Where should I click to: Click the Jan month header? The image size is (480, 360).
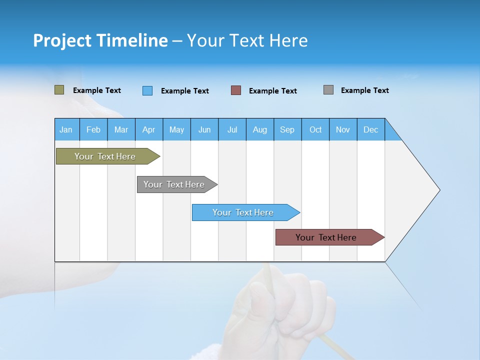tap(66, 129)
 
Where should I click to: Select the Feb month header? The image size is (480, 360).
tap(93, 129)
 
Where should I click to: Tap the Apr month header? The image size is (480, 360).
tap(149, 129)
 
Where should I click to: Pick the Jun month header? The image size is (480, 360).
tap(204, 129)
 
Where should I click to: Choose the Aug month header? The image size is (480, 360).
tap(260, 129)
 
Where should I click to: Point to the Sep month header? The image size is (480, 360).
tap(287, 129)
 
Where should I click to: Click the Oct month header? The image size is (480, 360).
tap(315, 129)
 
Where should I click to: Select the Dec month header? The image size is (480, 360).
tap(371, 129)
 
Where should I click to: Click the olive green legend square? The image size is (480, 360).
tap(59, 90)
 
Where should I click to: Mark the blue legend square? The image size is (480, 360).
tap(147, 90)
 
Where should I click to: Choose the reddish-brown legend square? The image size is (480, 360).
tap(236, 90)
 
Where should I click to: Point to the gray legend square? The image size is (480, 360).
tap(328, 90)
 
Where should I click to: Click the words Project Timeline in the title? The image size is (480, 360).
tap(100, 40)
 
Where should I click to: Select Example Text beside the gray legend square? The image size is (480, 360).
tap(365, 90)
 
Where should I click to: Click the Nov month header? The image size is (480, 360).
tap(343, 129)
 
